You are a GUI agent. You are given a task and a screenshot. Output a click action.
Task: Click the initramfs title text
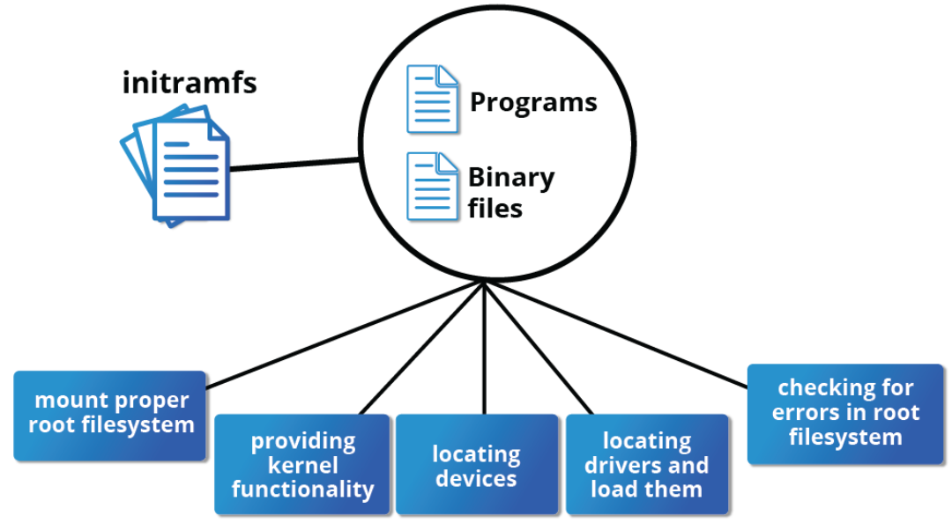[x=190, y=83]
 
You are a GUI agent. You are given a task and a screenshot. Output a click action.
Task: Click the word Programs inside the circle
[x=533, y=102]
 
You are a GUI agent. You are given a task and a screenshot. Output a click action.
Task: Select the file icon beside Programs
[x=432, y=99]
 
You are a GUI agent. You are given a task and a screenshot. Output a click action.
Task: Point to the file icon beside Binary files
[x=432, y=186]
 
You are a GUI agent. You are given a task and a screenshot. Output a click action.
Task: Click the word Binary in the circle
[x=511, y=178]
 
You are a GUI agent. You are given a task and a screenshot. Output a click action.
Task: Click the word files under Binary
[x=495, y=209]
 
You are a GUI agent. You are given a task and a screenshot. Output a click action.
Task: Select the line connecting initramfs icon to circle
[x=295, y=164]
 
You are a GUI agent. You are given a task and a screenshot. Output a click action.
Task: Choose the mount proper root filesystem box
[x=110, y=415]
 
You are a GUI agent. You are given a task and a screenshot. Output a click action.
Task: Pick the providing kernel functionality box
[x=302, y=464]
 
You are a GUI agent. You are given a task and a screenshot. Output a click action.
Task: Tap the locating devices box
[x=477, y=464]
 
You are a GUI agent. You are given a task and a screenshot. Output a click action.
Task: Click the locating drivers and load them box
[x=647, y=464]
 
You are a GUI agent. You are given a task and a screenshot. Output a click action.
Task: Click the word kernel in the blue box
[x=301, y=465]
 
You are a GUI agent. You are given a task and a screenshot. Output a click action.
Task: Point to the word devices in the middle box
[x=476, y=478]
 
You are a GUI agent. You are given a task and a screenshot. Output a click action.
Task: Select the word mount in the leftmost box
[x=67, y=401]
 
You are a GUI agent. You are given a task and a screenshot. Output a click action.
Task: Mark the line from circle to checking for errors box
[x=617, y=334]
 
